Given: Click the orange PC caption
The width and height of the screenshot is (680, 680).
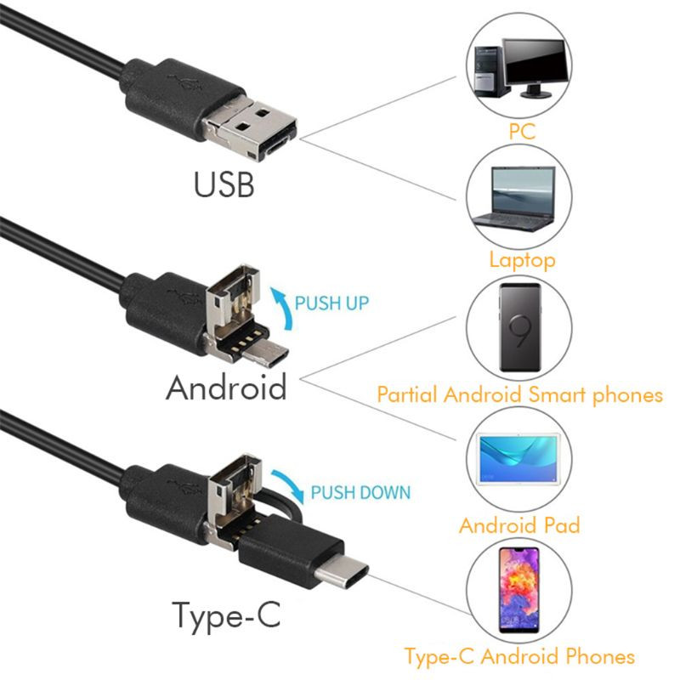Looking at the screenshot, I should (522, 132).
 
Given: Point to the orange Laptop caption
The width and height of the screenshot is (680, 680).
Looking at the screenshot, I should (522, 259).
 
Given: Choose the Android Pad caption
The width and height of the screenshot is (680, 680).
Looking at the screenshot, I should (519, 524).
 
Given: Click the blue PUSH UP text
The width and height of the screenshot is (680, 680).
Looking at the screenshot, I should (331, 302).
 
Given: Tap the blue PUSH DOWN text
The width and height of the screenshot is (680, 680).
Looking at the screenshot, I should (360, 492).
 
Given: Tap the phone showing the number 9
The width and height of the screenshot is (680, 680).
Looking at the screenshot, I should (521, 327).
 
